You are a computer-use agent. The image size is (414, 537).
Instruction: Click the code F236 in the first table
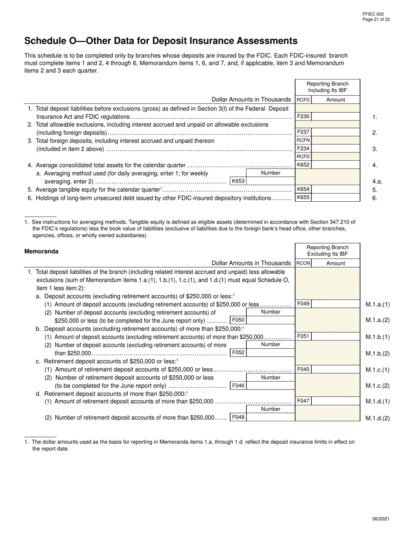(x=303, y=117)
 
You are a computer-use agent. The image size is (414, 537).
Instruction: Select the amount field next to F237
(x=336, y=132)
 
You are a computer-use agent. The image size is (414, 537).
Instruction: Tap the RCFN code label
(x=303, y=140)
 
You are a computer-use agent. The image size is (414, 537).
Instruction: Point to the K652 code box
(x=303, y=165)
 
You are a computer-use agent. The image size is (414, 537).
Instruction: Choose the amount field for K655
(x=336, y=198)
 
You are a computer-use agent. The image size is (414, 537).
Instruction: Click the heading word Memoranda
(x=41, y=251)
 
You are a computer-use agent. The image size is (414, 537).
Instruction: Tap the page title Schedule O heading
(x=161, y=41)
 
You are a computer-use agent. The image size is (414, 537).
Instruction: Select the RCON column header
(x=303, y=263)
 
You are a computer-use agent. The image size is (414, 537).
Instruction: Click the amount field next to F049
(x=336, y=304)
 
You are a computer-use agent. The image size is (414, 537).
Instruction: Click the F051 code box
(x=303, y=337)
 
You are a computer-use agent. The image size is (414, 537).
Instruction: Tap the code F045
(x=303, y=369)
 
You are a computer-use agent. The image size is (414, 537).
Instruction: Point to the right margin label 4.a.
(x=377, y=182)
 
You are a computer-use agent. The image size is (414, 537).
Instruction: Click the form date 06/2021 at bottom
(x=381, y=519)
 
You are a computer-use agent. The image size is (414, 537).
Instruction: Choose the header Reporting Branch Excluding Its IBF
(x=327, y=251)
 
